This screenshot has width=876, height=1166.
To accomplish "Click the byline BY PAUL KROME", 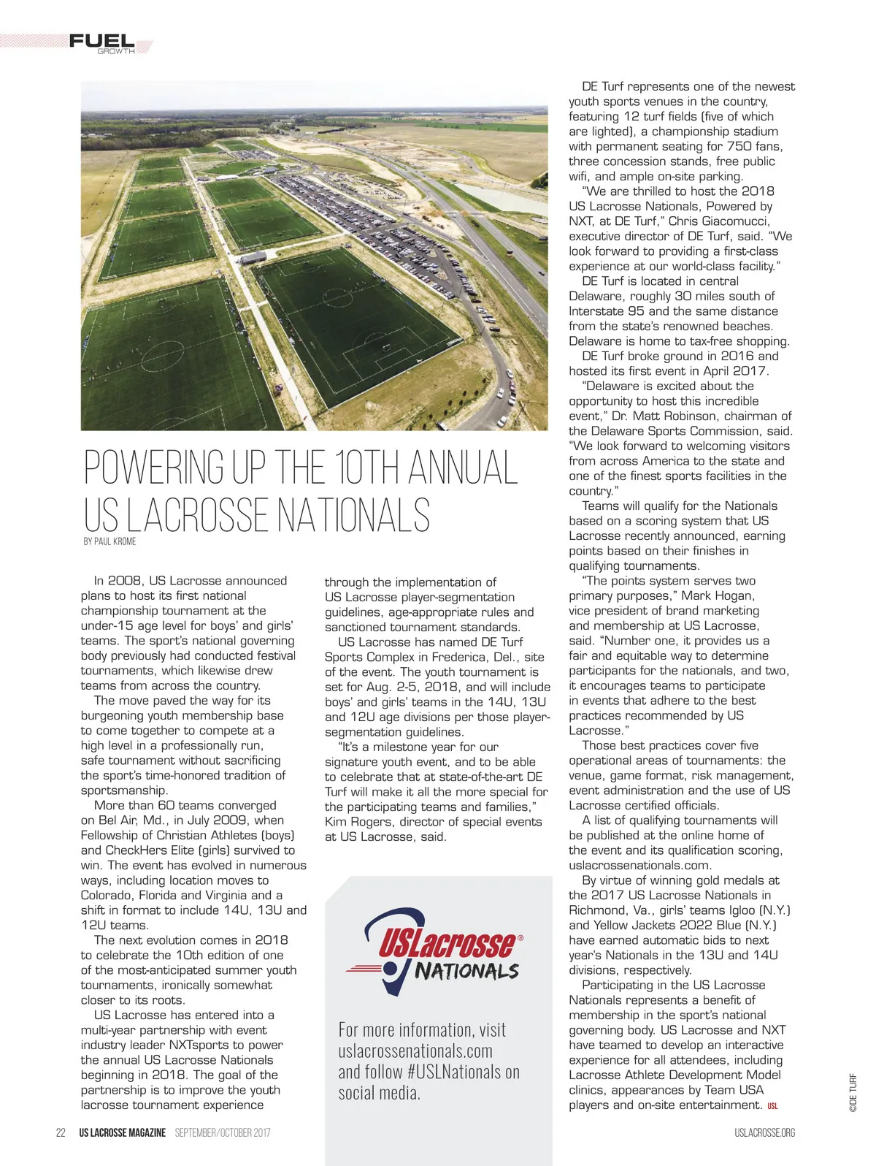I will click(x=109, y=541).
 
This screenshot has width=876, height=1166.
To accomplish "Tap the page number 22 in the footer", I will click(x=61, y=1132).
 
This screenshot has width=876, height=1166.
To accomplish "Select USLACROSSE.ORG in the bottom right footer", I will click(x=764, y=1133).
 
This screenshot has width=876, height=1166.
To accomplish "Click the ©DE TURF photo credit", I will click(x=853, y=1092).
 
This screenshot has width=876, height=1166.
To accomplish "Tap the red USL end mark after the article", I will click(x=772, y=1106).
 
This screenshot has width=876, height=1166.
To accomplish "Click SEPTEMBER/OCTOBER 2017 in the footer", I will click(x=223, y=1132).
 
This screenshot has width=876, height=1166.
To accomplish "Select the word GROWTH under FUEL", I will click(x=116, y=52).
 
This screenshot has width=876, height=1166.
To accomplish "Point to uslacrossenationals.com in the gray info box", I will click(x=415, y=1051).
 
